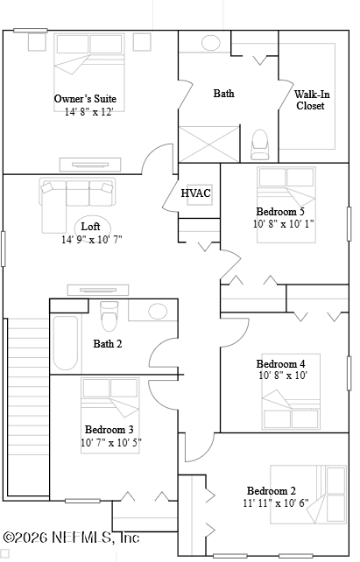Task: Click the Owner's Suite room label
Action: [x=85, y=99]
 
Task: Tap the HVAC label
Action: [x=196, y=193]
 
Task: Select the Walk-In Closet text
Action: [x=312, y=100]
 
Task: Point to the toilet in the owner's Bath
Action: [x=260, y=144]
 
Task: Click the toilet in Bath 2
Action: [x=109, y=316]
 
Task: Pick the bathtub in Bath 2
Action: [x=66, y=343]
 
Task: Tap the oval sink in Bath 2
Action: [x=158, y=311]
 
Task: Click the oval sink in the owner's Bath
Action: [x=211, y=43]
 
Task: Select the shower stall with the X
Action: [x=209, y=144]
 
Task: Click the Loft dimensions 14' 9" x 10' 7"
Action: [x=92, y=239]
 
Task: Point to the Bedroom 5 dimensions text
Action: [x=284, y=223]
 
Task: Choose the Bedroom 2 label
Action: [x=272, y=491]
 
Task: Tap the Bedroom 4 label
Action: [x=281, y=364]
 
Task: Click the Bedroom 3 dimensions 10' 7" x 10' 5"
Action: [x=111, y=443]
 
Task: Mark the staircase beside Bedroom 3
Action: [x=28, y=407]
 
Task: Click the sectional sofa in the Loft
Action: [x=77, y=205]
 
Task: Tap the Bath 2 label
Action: [x=108, y=344]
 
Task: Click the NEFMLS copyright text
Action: [x=71, y=537]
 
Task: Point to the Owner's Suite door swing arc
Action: [x=152, y=152]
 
